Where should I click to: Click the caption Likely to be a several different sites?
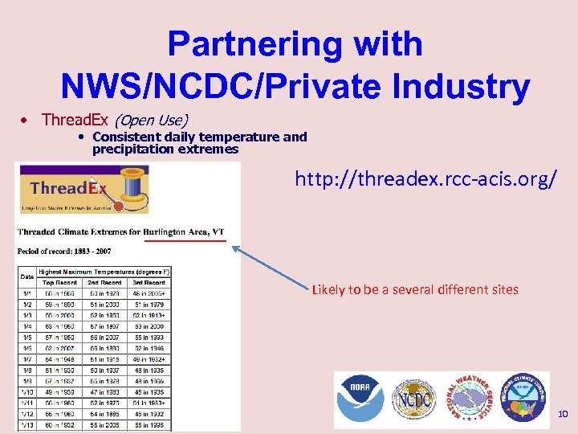[415, 289]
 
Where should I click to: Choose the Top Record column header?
[59, 283]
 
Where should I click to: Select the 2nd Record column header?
[104, 283]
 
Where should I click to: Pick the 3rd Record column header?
[149, 283]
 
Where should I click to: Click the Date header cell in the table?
[26, 277]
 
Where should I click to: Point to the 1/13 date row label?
[26, 424]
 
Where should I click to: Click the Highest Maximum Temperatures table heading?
[104, 272]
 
